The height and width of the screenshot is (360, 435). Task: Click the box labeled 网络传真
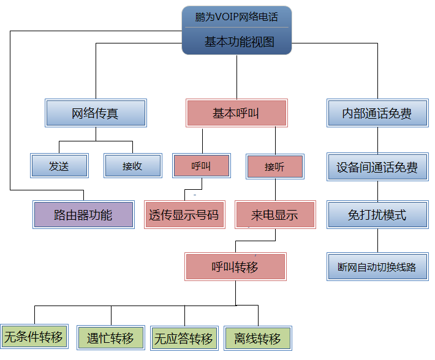point(96,113)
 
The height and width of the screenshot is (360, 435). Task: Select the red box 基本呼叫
point(236,113)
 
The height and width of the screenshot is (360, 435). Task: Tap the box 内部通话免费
point(377,113)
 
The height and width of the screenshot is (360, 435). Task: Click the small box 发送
point(59,166)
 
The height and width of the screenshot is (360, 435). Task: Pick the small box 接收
point(132,166)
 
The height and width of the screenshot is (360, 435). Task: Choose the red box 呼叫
point(202,166)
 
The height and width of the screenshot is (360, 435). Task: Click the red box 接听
point(274,167)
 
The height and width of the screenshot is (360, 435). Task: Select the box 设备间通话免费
point(377,167)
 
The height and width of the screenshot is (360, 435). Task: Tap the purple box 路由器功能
point(83,215)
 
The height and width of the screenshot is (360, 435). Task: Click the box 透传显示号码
point(184,216)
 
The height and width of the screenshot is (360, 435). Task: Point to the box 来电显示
point(274,216)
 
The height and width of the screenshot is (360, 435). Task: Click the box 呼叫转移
point(235,267)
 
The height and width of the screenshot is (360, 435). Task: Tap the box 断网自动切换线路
point(377,267)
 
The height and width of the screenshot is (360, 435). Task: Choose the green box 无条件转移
point(34,337)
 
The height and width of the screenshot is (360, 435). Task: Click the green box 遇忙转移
point(111,338)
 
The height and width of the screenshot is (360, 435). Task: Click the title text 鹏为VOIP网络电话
point(236,17)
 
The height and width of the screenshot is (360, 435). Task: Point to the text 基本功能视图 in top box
point(236,42)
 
